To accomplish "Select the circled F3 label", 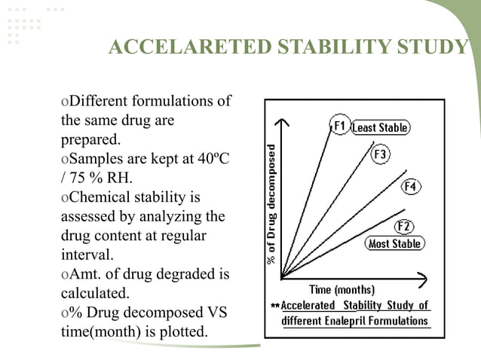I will [x=381, y=154].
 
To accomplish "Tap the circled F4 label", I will [x=410, y=185].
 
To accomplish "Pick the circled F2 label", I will [x=404, y=227].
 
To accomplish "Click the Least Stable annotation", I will [x=381, y=128].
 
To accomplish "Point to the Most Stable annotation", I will [x=394, y=244].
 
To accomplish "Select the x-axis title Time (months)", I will [x=342, y=290].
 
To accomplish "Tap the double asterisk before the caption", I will [x=275, y=307].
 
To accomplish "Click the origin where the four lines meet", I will [x=281, y=278].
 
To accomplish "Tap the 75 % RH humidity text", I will [x=99, y=178].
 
